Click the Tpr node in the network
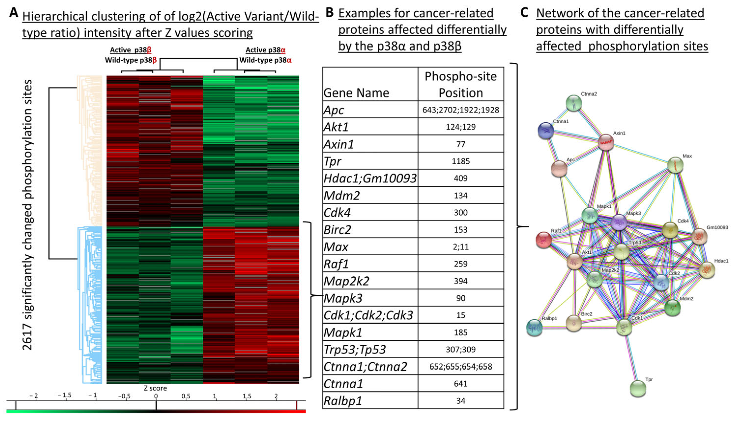638,388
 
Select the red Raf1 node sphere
543,240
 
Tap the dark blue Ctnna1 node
545,130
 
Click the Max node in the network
675,165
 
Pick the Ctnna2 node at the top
573,103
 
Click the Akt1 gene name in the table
336,127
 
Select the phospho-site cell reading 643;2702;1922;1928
460,110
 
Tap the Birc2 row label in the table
337,230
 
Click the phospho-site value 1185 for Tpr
460,161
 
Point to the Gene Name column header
356,93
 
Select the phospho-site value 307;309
460,349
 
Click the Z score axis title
155,388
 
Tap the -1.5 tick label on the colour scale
64,396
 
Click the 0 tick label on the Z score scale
156,396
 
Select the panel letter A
14,13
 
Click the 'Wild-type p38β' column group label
131,60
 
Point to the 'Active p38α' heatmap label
265,50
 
